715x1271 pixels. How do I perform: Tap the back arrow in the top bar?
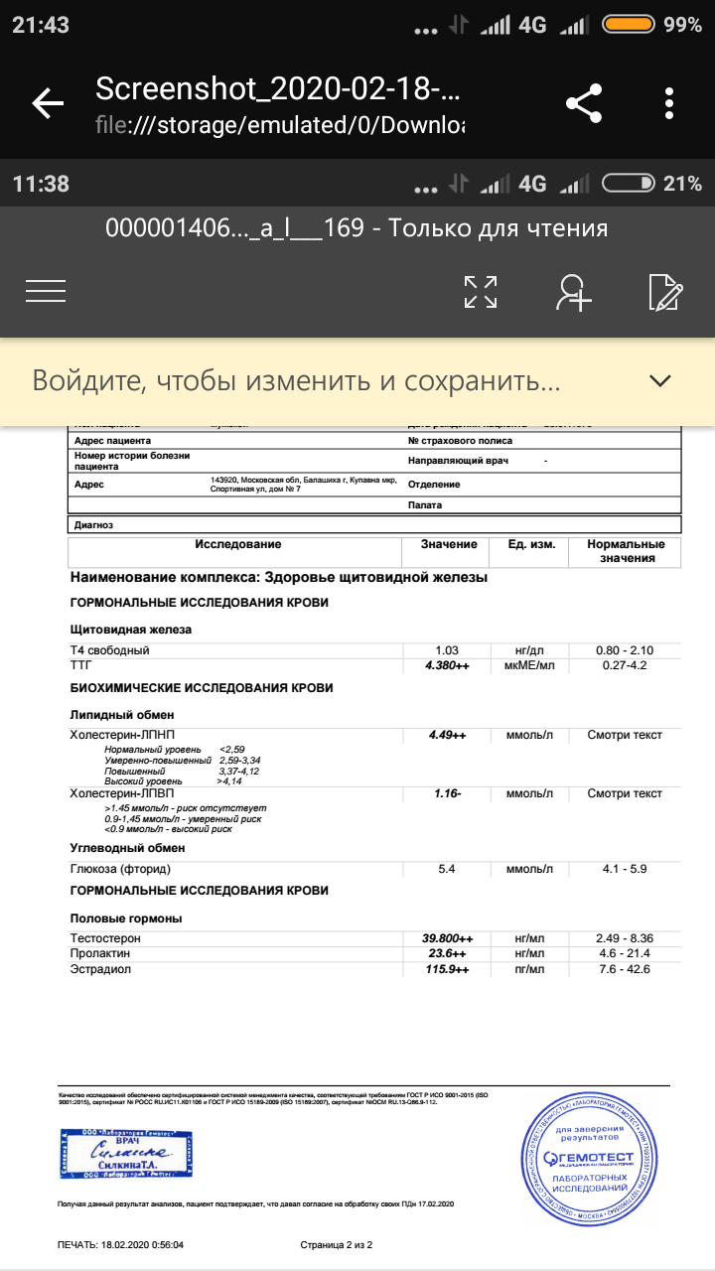click(x=48, y=103)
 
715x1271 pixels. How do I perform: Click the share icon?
click(x=584, y=103)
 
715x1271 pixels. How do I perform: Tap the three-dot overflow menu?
click(x=669, y=103)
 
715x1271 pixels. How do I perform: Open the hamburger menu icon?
click(x=46, y=290)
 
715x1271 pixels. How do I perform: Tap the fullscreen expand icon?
click(x=481, y=291)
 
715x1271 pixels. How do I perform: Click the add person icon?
click(x=574, y=291)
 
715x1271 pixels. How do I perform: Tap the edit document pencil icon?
click(x=664, y=291)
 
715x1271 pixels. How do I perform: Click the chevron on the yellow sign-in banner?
click(x=659, y=380)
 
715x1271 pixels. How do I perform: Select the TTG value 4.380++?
click(x=447, y=665)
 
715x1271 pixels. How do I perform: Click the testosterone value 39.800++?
click(x=447, y=938)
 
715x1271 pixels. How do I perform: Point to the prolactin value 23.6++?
click(x=447, y=953)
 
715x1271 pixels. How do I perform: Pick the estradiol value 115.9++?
click(x=447, y=969)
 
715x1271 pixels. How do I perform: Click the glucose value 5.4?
click(x=447, y=869)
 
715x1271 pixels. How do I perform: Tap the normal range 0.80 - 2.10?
click(x=625, y=650)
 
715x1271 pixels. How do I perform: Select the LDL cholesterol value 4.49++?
click(x=447, y=736)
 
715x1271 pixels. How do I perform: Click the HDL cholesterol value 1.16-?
click(x=447, y=794)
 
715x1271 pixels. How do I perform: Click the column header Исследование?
click(x=238, y=545)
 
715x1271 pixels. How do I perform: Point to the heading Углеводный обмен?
click(x=127, y=849)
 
